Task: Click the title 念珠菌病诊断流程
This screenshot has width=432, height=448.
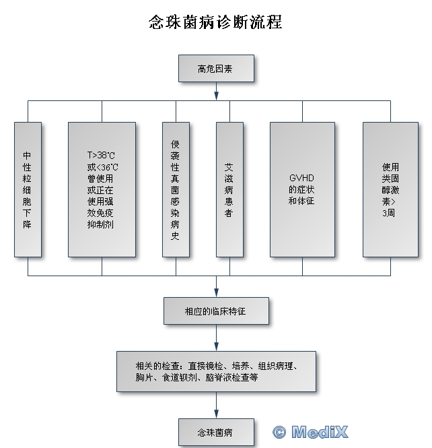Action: [215, 22]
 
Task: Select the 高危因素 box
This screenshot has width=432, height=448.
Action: [215, 69]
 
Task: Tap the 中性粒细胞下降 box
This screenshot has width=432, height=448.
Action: [28, 189]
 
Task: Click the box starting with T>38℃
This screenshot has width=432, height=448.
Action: [102, 189]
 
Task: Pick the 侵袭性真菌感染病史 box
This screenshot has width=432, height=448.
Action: [176, 189]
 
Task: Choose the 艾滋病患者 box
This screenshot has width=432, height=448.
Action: [229, 189]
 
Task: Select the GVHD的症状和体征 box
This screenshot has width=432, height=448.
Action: [302, 189]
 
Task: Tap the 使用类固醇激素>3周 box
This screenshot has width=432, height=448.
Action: [390, 189]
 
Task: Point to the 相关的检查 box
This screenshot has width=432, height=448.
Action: [215, 371]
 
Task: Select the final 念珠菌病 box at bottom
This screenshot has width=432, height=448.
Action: [215, 430]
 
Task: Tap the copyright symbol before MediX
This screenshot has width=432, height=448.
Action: [279, 432]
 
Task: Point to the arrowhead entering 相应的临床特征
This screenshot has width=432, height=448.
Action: [216, 294]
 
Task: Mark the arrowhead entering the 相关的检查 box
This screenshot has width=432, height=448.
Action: [216, 346]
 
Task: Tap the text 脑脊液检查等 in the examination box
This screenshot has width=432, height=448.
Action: [231, 378]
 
